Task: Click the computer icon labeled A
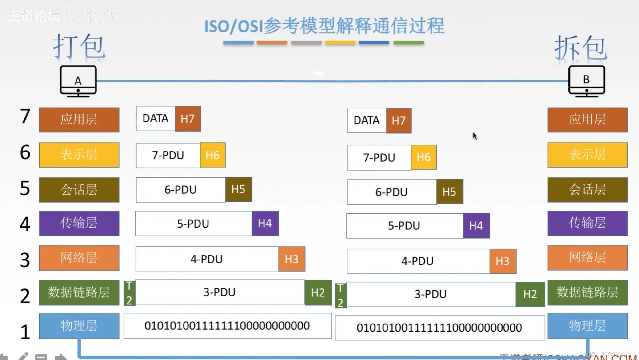[x=78, y=81]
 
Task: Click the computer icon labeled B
[x=586, y=81]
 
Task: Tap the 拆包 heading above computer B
[x=581, y=48]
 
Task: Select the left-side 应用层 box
[x=79, y=120]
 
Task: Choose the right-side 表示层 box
[x=587, y=155]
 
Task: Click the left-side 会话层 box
[x=79, y=190]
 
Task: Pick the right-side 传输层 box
[x=587, y=223]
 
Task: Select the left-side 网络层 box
[x=79, y=258]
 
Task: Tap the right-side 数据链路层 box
[x=587, y=292]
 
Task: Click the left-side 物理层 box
[x=79, y=326]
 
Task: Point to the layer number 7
[x=25, y=116]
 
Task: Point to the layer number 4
[x=25, y=224]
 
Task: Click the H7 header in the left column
[x=188, y=119]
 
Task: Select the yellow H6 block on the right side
[x=423, y=157]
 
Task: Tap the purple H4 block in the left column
[x=265, y=223]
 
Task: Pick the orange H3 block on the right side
[x=502, y=261]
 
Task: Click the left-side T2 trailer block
[x=129, y=293]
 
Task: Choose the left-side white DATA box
[x=156, y=119]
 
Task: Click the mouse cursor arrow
[x=475, y=136]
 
